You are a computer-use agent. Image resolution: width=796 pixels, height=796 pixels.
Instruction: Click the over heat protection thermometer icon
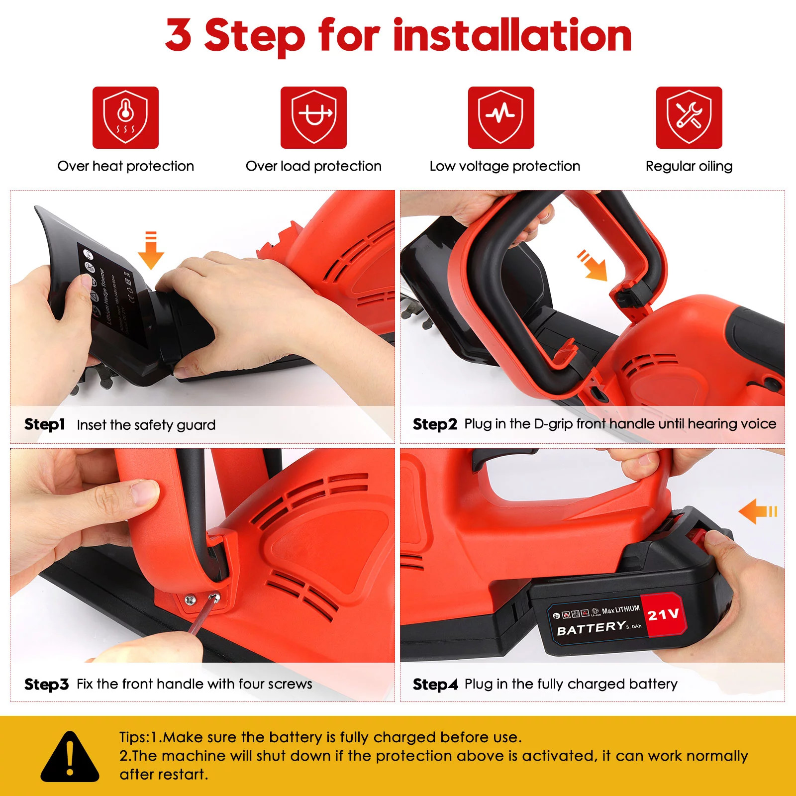[x=125, y=117]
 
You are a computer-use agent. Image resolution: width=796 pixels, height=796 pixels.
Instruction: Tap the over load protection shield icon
[x=313, y=117]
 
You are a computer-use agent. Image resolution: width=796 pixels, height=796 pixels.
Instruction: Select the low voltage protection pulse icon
[x=501, y=117]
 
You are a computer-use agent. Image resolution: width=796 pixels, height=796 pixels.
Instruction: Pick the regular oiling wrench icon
[x=689, y=117]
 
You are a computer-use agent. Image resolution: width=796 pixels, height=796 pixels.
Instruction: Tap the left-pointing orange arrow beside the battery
[x=757, y=511]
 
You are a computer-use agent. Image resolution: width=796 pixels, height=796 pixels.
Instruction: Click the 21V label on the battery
[x=663, y=615]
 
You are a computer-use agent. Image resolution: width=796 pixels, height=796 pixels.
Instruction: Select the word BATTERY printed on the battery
[x=591, y=628]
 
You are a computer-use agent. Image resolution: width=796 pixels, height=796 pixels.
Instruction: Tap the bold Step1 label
[x=45, y=424]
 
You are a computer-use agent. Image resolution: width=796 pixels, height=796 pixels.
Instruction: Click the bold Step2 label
[x=434, y=424]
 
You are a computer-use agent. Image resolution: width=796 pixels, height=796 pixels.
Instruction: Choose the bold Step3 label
[x=46, y=685]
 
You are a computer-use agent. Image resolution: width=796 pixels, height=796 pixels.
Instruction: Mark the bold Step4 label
[x=435, y=685]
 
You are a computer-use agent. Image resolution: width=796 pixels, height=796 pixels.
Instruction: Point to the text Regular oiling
[x=689, y=166]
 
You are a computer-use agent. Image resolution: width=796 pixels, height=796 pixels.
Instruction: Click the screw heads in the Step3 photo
[x=201, y=598]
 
